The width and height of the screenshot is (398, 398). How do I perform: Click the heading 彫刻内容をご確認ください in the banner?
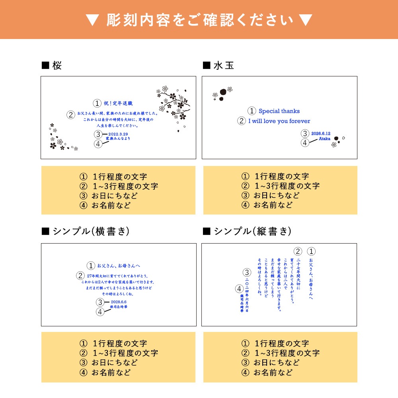pos(199,20)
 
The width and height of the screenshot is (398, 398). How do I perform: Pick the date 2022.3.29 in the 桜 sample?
pos(118,134)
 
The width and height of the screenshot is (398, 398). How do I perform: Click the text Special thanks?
pos(279,111)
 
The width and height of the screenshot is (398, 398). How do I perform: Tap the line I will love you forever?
pos(279,121)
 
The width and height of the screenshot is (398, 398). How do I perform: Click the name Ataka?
pos(324,139)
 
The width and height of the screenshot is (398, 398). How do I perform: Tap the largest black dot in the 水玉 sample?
pos(223,92)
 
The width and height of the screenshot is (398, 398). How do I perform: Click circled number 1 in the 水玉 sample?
pos(252,111)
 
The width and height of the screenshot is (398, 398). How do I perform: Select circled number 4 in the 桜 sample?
pos(98,144)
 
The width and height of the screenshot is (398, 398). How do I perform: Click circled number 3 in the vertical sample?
pos(247,273)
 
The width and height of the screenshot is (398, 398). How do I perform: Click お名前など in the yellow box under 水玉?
pos(273,205)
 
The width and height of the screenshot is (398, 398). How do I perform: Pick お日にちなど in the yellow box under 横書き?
pos(114,363)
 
